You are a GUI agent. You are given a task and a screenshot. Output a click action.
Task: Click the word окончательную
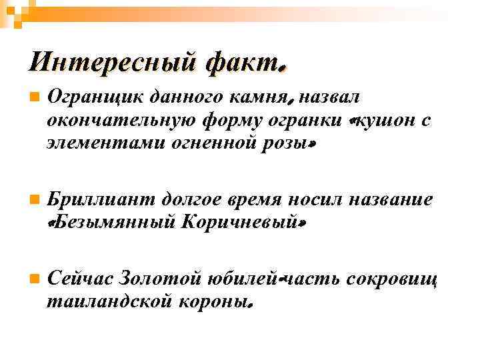click(117, 121)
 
